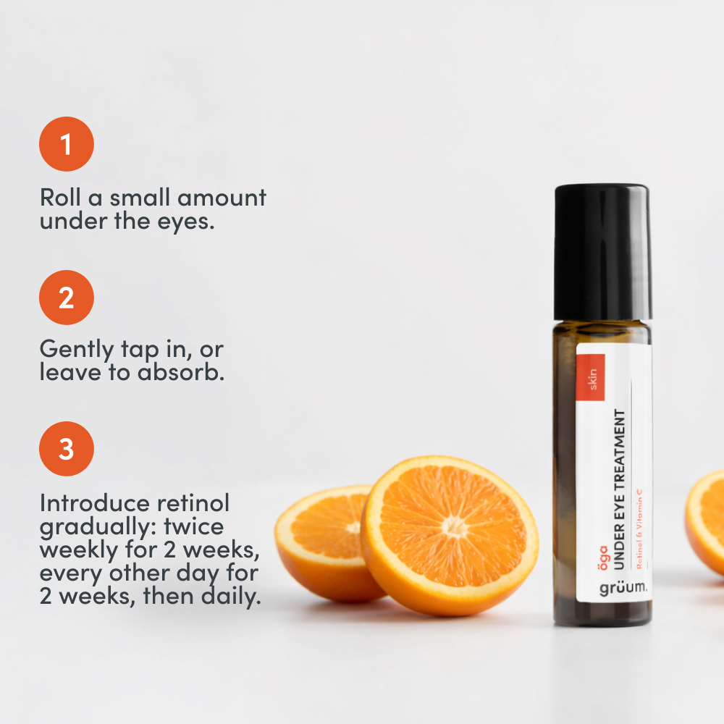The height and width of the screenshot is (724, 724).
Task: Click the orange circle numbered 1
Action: click(67, 144)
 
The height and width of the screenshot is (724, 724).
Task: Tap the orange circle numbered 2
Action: click(67, 298)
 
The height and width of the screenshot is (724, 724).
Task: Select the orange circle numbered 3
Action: click(67, 449)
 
